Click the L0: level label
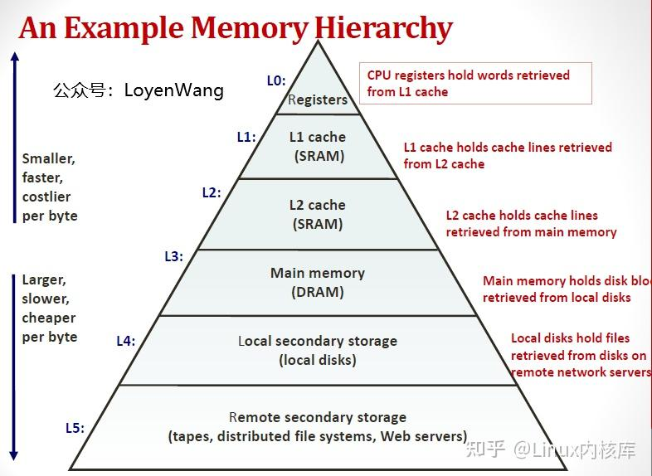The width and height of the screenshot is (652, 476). [x=276, y=80]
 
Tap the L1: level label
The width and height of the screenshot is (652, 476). [x=246, y=137]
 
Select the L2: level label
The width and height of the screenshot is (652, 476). [x=212, y=192]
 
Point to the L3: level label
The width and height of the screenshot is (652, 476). [x=173, y=256]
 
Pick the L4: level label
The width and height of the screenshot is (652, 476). [x=126, y=340]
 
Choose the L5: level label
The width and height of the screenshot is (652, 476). [x=75, y=428]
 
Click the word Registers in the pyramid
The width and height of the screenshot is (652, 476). [x=318, y=100]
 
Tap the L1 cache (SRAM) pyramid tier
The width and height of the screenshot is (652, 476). [x=318, y=146]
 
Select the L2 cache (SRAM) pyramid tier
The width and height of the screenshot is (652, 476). [x=318, y=214]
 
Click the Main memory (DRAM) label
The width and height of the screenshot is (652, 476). [x=318, y=282]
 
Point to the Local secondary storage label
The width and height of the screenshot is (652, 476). [x=318, y=341]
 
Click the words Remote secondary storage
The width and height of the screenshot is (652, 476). [x=318, y=417]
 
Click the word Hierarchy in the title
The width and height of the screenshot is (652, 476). [x=383, y=28]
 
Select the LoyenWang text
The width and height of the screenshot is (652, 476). [x=174, y=90]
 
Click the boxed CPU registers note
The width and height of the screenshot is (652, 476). [x=475, y=83]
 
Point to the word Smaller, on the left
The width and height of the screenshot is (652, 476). [x=48, y=158]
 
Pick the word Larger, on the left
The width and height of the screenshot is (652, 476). [x=44, y=279]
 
